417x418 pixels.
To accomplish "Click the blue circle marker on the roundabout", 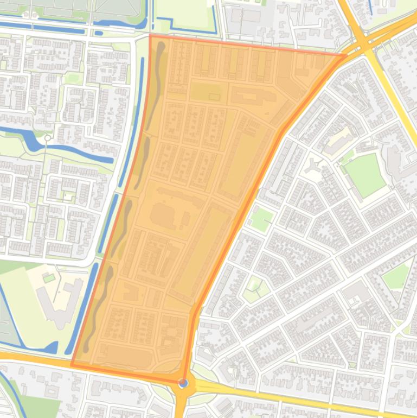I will (184, 383).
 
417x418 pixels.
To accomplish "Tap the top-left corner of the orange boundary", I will (150, 36).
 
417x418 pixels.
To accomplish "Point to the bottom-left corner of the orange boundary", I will (72, 365).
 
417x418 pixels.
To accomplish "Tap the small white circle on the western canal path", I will (48, 138).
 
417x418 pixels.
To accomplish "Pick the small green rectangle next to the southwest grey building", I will (49, 278).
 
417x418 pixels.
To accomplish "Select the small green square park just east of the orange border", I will (261, 219).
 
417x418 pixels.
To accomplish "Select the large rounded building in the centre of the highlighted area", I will (168, 214).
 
